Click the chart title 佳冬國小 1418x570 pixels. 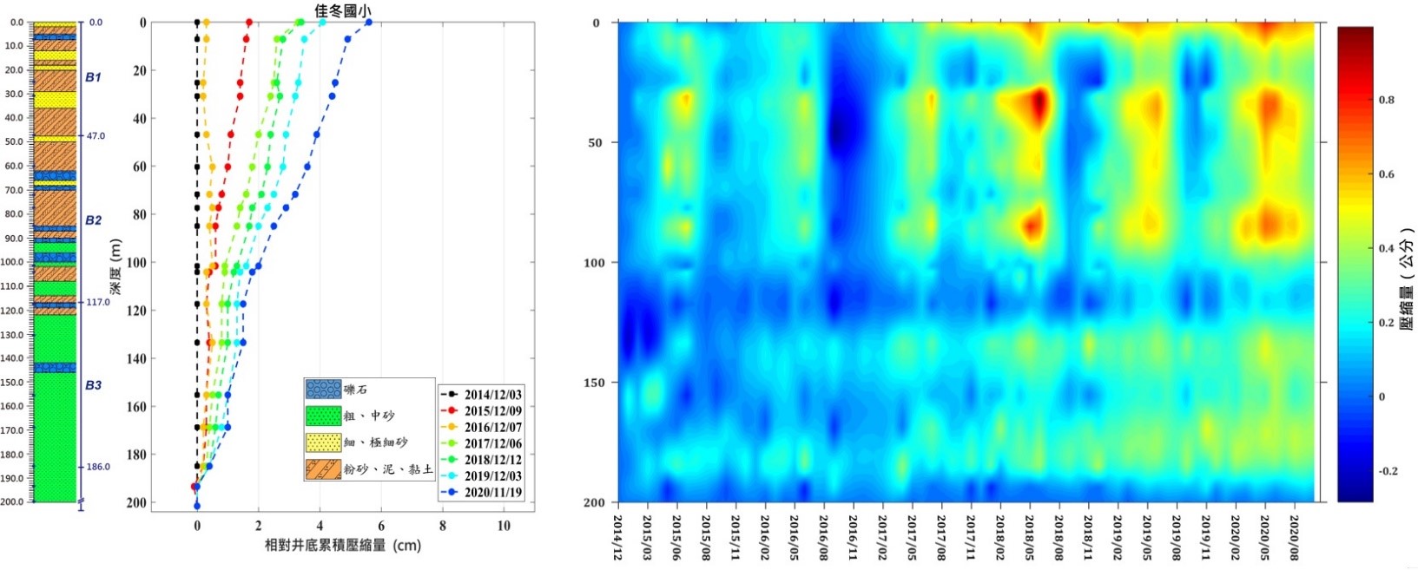tap(343, 10)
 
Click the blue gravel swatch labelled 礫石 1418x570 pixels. tap(322, 390)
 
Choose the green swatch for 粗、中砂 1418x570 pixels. tap(322, 416)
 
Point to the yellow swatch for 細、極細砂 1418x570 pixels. tap(322, 442)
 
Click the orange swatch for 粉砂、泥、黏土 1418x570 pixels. tap(322, 468)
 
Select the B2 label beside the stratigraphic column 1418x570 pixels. tap(93, 220)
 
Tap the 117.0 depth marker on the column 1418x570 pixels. tap(98, 302)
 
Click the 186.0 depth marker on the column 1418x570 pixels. tap(98, 467)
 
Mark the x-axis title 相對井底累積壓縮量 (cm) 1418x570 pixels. tap(343, 547)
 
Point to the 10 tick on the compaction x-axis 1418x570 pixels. tap(504, 526)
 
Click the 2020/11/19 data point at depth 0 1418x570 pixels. tap(369, 23)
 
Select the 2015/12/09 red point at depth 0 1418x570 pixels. tap(249, 23)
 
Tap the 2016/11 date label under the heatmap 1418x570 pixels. tap(854, 538)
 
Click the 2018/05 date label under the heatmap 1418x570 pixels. tap(1030, 538)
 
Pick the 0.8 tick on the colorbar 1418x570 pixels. tap(1386, 100)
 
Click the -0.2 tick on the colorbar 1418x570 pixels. tap(1388, 471)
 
